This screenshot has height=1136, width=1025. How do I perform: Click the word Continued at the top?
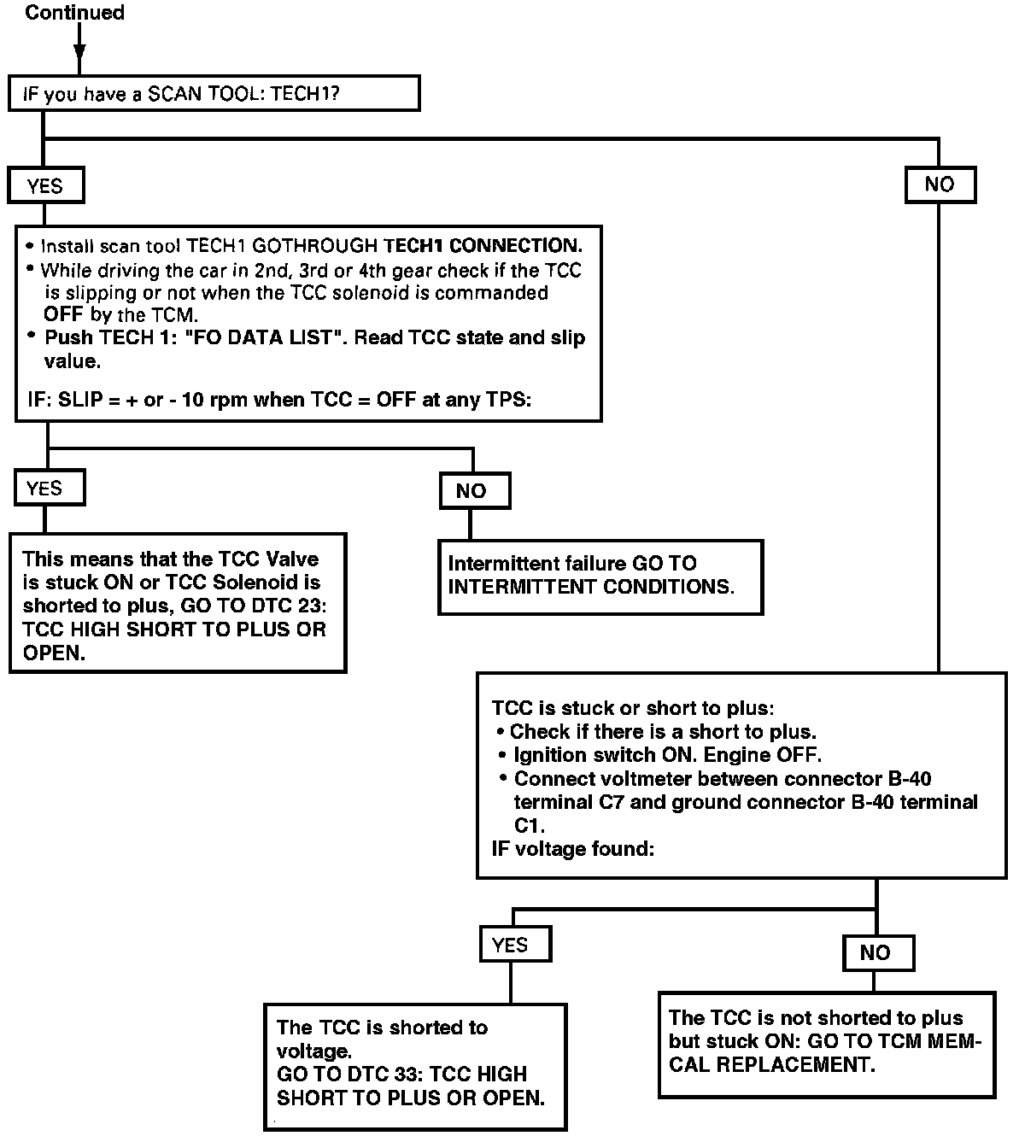click(74, 13)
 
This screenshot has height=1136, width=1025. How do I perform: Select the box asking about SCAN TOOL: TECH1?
click(214, 93)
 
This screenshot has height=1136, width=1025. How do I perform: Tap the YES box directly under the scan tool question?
click(46, 185)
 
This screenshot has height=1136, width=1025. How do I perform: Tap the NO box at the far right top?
click(940, 184)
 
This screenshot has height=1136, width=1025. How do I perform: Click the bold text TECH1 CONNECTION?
click(484, 246)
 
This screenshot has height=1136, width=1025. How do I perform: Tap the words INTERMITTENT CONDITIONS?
click(590, 588)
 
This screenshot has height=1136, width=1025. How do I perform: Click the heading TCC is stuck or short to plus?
click(633, 708)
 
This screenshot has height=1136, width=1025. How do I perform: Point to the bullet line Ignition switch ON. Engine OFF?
click(666, 756)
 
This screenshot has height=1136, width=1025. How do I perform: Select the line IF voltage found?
click(573, 850)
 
